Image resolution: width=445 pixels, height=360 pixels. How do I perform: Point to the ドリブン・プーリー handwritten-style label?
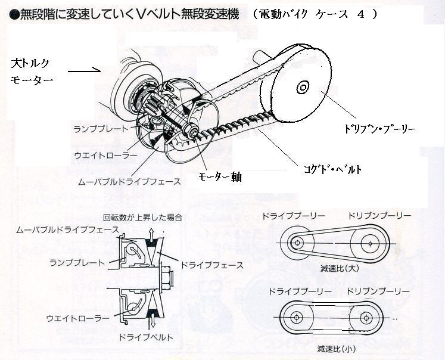point(379,128)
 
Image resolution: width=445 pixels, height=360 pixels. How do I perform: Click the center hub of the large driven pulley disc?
point(303,88)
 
